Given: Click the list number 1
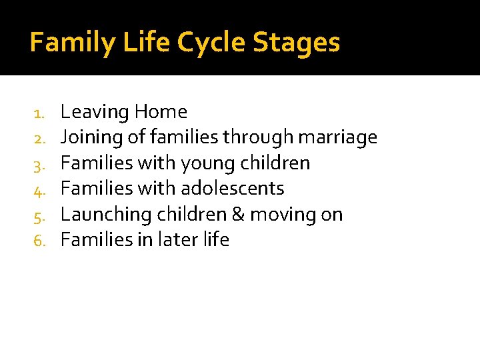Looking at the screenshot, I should pyautogui.click(x=39, y=113).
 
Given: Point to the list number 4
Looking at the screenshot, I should pyautogui.click(x=39, y=190).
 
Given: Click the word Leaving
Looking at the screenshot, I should pyautogui.click(x=94, y=112).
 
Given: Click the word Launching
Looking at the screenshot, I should pyautogui.click(x=106, y=215).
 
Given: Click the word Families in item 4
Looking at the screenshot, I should pyautogui.click(x=97, y=189).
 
